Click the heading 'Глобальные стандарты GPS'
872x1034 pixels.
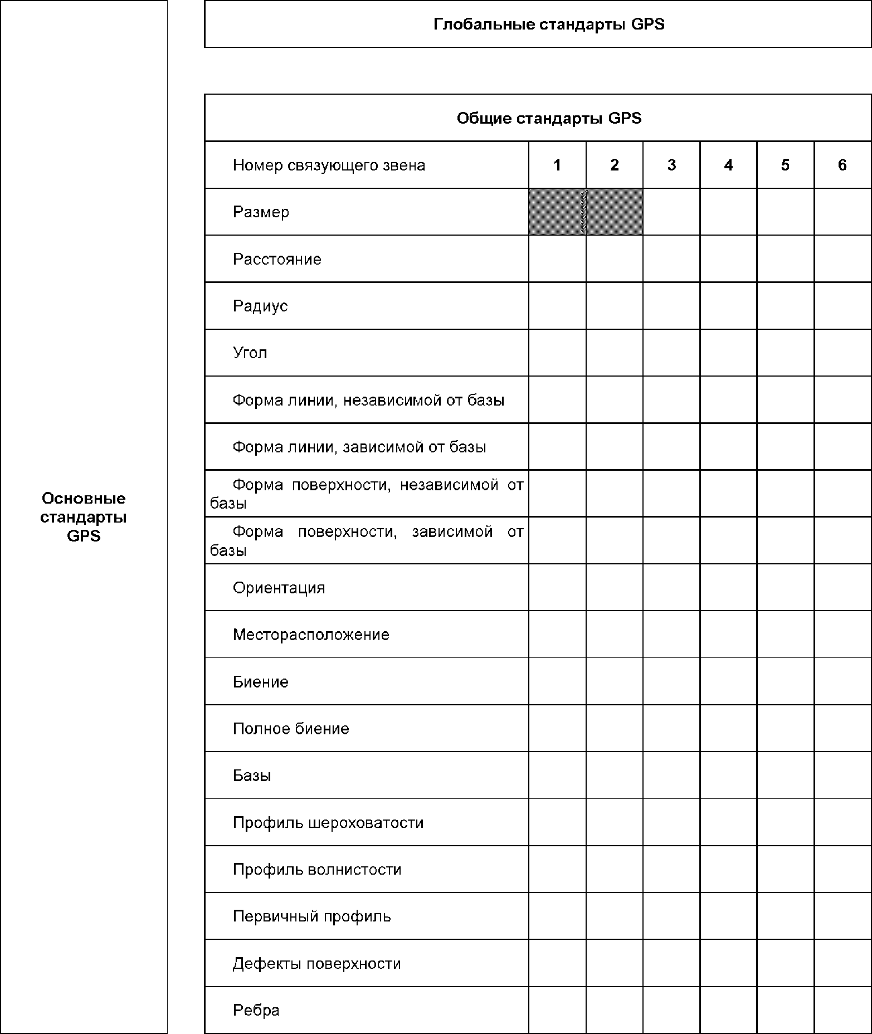coord(549,25)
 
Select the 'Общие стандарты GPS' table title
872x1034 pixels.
coord(549,118)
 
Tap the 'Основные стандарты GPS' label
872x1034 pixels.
coord(84,517)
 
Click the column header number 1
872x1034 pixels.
coord(557,165)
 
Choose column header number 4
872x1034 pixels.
coord(728,165)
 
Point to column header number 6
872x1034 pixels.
coord(842,165)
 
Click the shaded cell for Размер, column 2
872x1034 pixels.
coord(615,212)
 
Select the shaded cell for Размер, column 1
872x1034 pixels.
coord(557,212)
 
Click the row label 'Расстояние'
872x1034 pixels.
coord(277,259)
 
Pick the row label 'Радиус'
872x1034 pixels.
coord(260,306)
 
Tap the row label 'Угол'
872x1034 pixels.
coord(250,353)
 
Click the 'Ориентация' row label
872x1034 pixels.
coord(279,588)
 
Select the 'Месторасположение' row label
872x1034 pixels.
coord(311,635)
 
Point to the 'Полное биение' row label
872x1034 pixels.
coord(291,729)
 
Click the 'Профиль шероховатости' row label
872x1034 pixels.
coord(328,822)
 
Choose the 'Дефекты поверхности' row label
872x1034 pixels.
coord(316,963)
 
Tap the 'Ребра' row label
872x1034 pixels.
coord(256,1010)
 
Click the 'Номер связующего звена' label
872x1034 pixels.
coord(329,165)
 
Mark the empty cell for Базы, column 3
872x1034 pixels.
coord(671,775)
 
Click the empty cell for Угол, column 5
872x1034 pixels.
coord(785,353)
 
